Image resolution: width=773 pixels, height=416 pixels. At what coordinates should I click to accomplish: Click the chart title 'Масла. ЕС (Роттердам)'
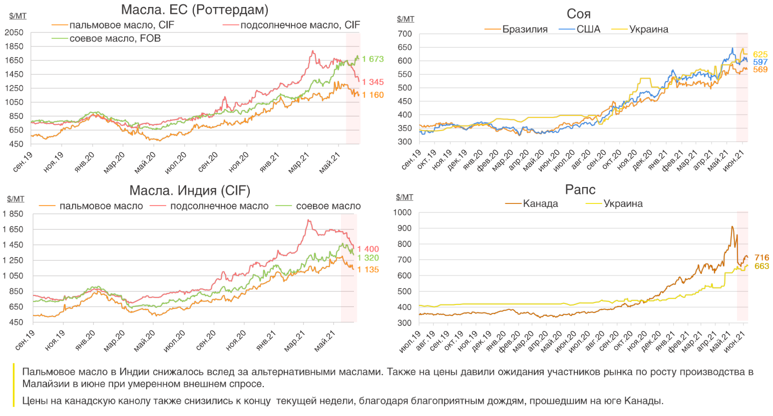coord(195,9)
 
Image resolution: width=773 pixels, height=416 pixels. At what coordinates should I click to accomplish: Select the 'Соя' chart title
coord(578,13)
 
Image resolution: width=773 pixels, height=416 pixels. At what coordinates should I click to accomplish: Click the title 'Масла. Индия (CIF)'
coord(190,190)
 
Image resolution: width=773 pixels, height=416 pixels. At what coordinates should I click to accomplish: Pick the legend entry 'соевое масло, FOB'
coord(115,38)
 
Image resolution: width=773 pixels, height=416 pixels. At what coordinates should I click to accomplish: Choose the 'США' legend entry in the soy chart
coord(588,29)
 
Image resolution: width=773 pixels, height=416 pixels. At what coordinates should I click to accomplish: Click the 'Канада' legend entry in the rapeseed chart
coord(540,203)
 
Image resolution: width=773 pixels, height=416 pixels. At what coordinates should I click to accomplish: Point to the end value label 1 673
coord(372,59)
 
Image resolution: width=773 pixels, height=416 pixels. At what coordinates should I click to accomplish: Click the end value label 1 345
coord(372,82)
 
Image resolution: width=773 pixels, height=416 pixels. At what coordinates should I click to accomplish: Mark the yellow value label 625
coord(760,54)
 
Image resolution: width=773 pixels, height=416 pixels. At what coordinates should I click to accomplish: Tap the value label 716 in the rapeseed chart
coord(761,258)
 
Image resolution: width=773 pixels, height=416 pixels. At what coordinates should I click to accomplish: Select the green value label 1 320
coord(368,258)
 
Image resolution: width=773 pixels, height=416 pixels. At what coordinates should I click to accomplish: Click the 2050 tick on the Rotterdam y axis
coord(14,32)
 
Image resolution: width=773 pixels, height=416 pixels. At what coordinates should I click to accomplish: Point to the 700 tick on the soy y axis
coord(405,34)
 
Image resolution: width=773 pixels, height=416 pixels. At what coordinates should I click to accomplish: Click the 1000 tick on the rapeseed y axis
coord(403,212)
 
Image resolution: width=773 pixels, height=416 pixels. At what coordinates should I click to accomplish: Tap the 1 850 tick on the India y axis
coord(13,214)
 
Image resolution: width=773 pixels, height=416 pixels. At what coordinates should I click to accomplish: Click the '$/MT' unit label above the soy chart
coord(406,19)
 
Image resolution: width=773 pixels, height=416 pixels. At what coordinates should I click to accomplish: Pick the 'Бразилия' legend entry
coord(525,29)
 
